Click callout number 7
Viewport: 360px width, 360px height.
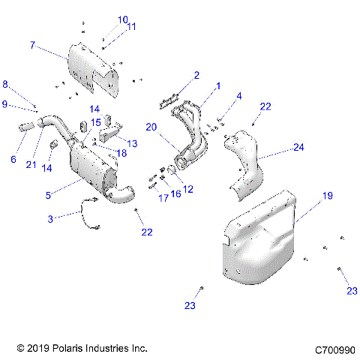(32, 45)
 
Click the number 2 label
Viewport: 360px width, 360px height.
(196, 75)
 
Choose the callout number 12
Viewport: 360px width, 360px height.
(188, 189)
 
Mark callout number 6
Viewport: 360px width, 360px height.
(13, 159)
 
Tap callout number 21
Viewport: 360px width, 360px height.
(31, 165)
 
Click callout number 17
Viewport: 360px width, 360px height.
(163, 198)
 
